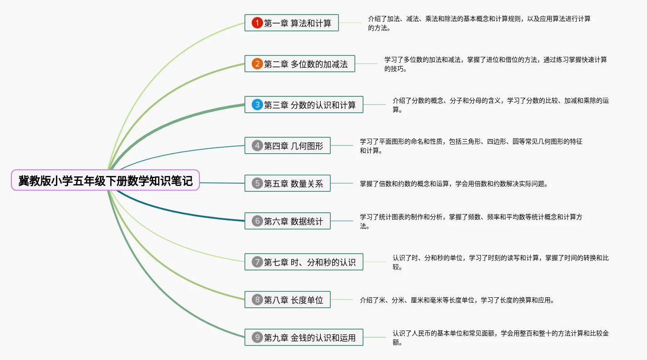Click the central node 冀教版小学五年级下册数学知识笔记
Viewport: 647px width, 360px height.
(x=105, y=180)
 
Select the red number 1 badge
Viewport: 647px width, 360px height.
(x=257, y=23)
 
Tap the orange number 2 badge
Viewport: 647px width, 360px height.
(x=257, y=64)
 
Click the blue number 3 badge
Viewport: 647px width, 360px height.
(x=257, y=105)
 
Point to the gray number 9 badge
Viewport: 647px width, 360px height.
(x=257, y=337)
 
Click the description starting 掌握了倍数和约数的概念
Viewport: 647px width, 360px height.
(x=454, y=184)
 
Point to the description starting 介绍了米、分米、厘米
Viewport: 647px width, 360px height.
(x=457, y=300)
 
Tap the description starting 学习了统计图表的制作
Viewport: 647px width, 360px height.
(x=471, y=221)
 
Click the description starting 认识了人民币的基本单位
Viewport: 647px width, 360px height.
(x=500, y=338)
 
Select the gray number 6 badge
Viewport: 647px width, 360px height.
(x=257, y=221)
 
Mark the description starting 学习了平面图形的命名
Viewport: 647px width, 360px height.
(x=471, y=146)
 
